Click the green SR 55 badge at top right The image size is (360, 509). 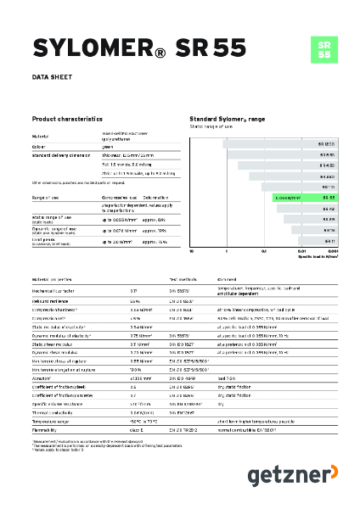pos(323,48)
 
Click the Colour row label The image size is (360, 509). pos(41,145)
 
